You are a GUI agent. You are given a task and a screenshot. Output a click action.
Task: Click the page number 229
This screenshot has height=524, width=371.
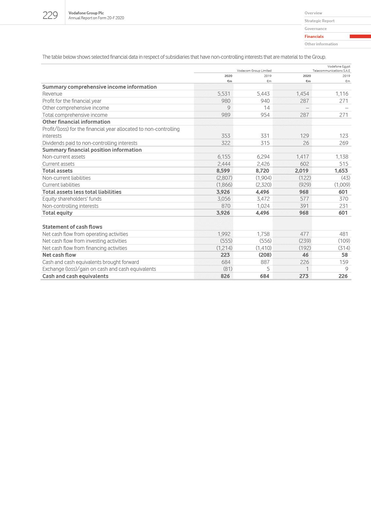point(50,15)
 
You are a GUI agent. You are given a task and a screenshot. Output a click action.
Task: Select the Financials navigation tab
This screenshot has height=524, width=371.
point(314,37)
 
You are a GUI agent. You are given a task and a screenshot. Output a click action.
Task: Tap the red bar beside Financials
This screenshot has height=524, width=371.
point(360,37)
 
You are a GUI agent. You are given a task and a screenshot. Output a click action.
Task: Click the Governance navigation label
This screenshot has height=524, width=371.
point(315,29)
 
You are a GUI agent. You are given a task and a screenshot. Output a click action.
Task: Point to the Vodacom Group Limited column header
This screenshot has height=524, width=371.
point(254,71)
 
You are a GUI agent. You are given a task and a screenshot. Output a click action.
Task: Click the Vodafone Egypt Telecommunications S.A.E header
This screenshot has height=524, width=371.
point(331,69)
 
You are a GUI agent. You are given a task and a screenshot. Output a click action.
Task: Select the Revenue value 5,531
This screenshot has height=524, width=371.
point(224,94)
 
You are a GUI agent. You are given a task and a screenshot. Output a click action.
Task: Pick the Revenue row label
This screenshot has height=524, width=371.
point(52,94)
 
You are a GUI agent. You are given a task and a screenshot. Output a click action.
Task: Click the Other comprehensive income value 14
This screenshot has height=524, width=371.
point(266,108)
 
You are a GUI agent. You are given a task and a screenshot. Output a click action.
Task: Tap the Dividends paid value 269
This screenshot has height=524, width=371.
point(344,143)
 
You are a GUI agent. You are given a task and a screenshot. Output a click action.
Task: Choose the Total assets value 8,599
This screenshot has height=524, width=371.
point(223,171)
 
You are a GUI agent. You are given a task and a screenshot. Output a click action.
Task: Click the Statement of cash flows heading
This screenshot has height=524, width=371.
point(72,227)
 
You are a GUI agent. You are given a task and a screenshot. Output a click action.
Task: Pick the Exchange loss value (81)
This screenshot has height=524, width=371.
point(227,269)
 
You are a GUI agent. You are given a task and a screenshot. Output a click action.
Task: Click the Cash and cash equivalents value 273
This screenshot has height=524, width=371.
point(304,276)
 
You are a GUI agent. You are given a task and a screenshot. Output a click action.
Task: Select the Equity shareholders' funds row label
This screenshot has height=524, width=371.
point(72,199)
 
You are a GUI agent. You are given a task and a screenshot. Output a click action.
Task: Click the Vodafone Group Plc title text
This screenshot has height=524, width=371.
point(86,13)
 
